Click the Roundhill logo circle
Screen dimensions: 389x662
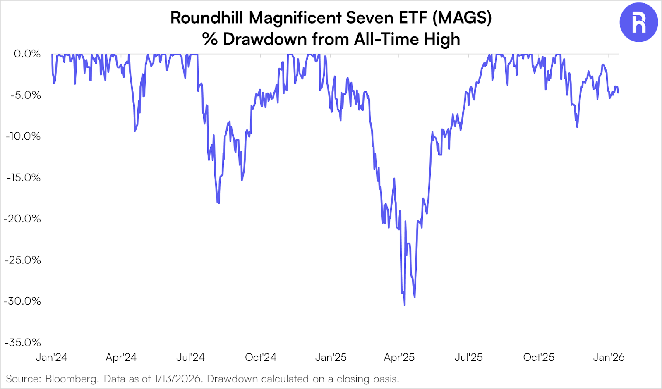click(x=638, y=22)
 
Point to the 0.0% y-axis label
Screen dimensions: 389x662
click(x=27, y=54)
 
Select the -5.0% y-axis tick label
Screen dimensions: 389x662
click(x=26, y=95)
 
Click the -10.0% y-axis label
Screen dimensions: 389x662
click(x=23, y=136)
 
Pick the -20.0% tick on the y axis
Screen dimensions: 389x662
click(x=23, y=219)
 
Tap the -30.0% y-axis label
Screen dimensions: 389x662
click(x=23, y=301)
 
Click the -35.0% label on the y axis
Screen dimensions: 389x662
click(x=23, y=342)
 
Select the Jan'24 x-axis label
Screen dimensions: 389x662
click(x=51, y=357)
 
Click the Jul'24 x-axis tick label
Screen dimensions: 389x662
click(x=190, y=357)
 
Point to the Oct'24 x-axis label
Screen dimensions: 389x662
click(x=260, y=357)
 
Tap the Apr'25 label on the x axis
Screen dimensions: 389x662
click(x=399, y=357)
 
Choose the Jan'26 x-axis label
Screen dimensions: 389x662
click(x=608, y=357)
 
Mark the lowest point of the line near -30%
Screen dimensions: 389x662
click(x=404, y=305)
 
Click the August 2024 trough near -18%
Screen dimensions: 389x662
click(x=218, y=203)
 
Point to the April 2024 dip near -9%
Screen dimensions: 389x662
click(x=135, y=131)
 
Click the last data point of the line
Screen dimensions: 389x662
click(x=618, y=93)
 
